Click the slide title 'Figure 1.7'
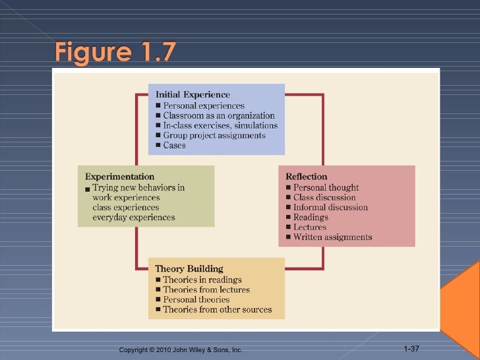point(115,51)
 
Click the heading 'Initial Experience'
point(192,95)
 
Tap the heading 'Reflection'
point(306,177)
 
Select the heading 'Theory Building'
point(189,269)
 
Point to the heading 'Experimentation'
point(119,177)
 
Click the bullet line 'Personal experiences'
point(203,105)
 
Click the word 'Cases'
point(174,145)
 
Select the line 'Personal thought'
point(326,187)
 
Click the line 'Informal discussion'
point(330,207)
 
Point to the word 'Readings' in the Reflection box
point(311,217)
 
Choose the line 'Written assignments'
point(332,237)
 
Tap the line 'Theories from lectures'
point(206,289)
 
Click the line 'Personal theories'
point(196,299)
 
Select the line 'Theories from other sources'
point(217,309)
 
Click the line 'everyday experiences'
point(134,217)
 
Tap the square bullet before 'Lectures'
point(289,227)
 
